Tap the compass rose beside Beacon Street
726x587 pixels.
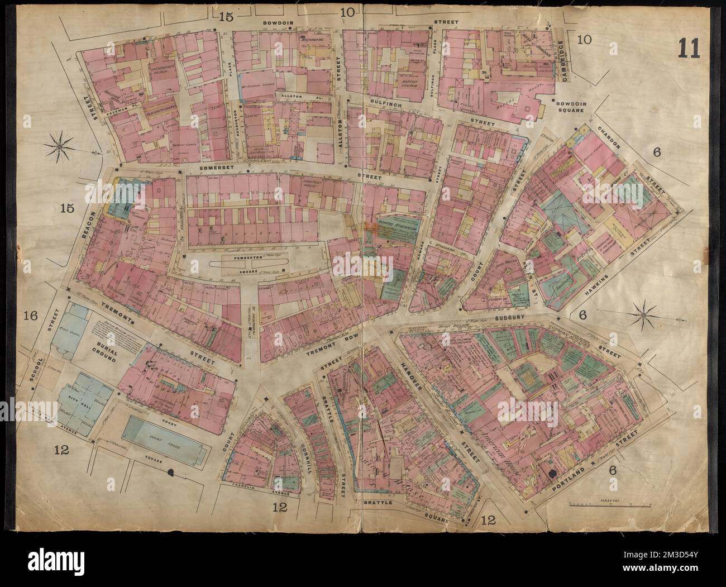tap(59, 146)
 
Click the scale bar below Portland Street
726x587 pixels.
tap(610, 504)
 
